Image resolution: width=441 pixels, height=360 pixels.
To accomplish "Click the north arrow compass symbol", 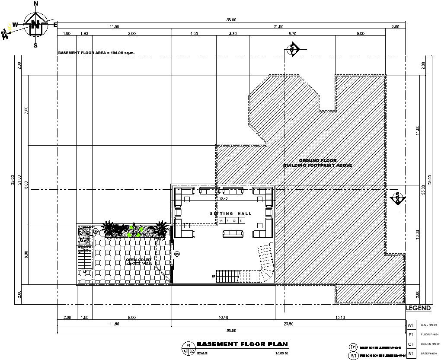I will (35, 25).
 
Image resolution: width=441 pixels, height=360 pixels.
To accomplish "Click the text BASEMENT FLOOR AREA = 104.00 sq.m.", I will (96, 53).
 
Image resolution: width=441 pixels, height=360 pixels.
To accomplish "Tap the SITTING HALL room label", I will (228, 213).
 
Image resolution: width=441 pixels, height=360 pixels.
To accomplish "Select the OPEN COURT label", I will (138, 260).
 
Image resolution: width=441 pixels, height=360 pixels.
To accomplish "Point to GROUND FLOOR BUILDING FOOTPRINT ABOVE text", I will (318, 163).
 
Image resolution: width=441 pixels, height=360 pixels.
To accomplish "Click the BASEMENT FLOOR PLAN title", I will (242, 344).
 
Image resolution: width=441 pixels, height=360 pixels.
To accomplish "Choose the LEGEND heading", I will (418, 308).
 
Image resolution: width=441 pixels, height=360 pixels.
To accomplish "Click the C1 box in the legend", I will (411, 344).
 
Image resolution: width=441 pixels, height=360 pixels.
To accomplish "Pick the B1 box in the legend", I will (411, 354).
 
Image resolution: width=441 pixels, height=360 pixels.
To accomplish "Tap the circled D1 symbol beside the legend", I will (353, 347).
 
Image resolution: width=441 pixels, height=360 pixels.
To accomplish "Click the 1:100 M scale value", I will (281, 354).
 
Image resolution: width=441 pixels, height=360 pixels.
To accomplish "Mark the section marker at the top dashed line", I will (293, 49).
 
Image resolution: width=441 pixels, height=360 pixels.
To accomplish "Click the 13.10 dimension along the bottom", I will (339, 318).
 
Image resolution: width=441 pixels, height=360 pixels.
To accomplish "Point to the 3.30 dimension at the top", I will (233, 33).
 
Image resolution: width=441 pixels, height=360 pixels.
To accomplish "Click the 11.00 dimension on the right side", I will (417, 130).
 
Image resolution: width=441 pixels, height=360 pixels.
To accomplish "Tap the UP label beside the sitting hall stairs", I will (214, 276).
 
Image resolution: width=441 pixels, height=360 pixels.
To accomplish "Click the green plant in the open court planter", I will (135, 232).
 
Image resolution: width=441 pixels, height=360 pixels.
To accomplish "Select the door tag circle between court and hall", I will (176, 254).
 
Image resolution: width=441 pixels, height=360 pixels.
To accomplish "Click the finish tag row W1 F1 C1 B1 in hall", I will (231, 221).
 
